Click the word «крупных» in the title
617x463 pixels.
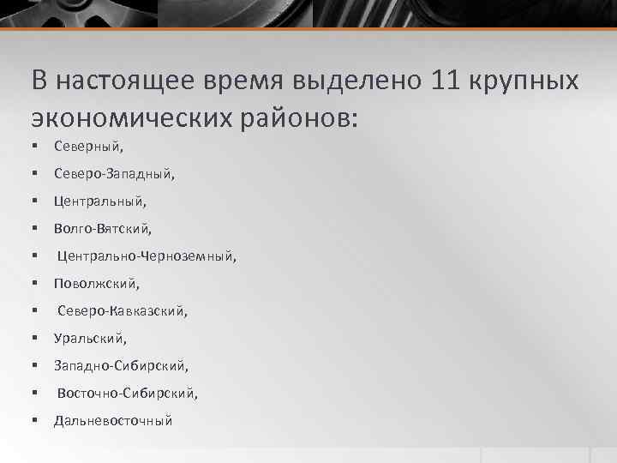tap(526, 81)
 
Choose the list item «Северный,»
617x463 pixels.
tap(88, 147)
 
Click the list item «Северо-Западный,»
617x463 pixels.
tap(114, 174)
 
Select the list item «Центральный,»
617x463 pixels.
tap(100, 201)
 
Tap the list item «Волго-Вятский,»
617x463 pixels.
tap(102, 229)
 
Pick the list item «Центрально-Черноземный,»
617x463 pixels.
tap(147, 256)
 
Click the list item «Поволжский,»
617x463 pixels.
tap(96, 284)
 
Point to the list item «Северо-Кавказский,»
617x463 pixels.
tap(122, 311)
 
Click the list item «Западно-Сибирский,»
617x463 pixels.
tap(121, 366)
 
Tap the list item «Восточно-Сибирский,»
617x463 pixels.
tap(128, 394)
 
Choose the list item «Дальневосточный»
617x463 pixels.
tap(112, 421)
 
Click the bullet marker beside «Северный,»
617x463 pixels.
tap(35, 147)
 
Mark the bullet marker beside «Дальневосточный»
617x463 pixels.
tap(35, 421)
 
